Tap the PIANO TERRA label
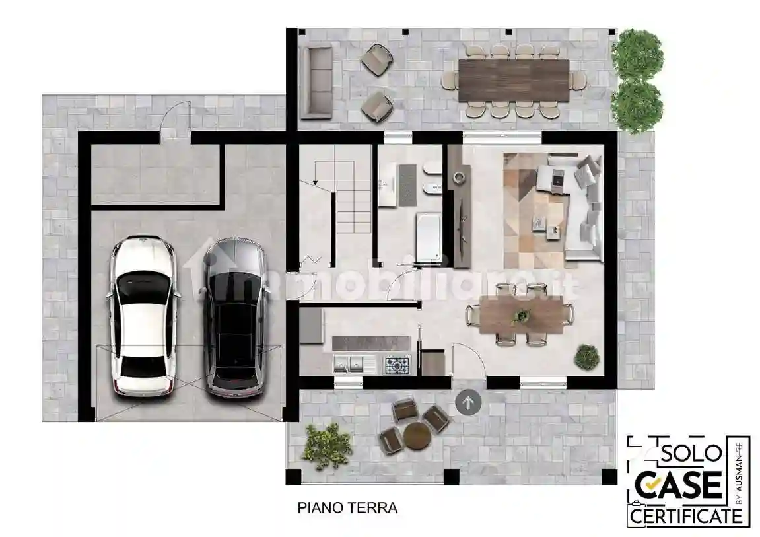point(347,508)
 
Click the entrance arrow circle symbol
point(468,402)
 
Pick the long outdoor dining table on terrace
point(513,80)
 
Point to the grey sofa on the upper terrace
point(316,81)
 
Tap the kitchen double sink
point(348,363)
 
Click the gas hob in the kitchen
point(397,364)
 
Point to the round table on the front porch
point(417,435)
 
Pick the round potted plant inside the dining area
point(586,357)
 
